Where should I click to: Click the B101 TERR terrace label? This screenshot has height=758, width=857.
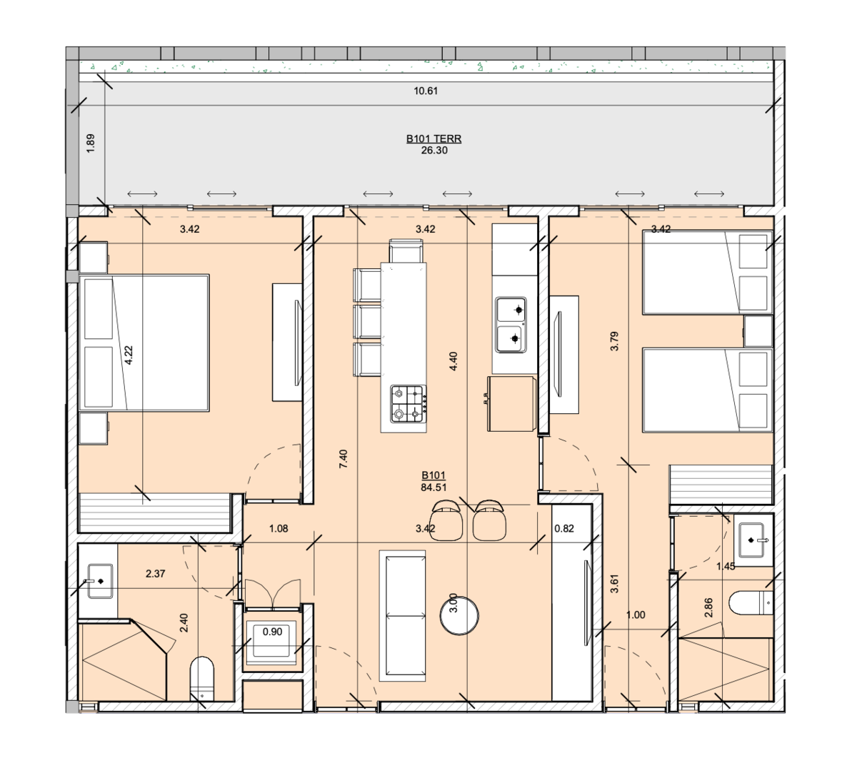coord(433,138)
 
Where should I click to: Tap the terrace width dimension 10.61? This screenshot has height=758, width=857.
coord(426,91)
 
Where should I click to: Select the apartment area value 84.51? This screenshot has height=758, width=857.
coord(433,487)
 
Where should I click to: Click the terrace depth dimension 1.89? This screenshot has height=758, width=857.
coord(91,143)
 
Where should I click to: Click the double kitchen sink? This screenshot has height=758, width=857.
coord(511,325)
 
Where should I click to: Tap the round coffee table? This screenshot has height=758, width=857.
coord(459,615)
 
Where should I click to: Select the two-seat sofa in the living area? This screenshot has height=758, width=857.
coord(402,615)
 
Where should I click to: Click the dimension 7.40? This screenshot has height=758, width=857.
coord(344,459)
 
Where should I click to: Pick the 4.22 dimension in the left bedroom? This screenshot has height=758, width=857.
coord(129,355)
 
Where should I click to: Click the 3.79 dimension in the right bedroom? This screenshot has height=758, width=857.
coord(615,341)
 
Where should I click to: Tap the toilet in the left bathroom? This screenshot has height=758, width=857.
coord(202,679)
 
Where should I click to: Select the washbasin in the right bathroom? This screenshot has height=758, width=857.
coord(753,540)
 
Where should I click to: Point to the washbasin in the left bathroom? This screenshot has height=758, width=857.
coord(100,581)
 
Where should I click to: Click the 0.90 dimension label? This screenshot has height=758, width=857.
coord(272,632)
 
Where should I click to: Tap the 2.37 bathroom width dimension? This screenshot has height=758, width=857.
coord(155,574)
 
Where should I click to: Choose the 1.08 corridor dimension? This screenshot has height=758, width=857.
coord(279,528)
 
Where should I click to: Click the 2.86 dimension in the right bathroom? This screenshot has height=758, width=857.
coord(709,607)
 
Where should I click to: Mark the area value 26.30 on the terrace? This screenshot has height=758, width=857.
coord(434,151)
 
